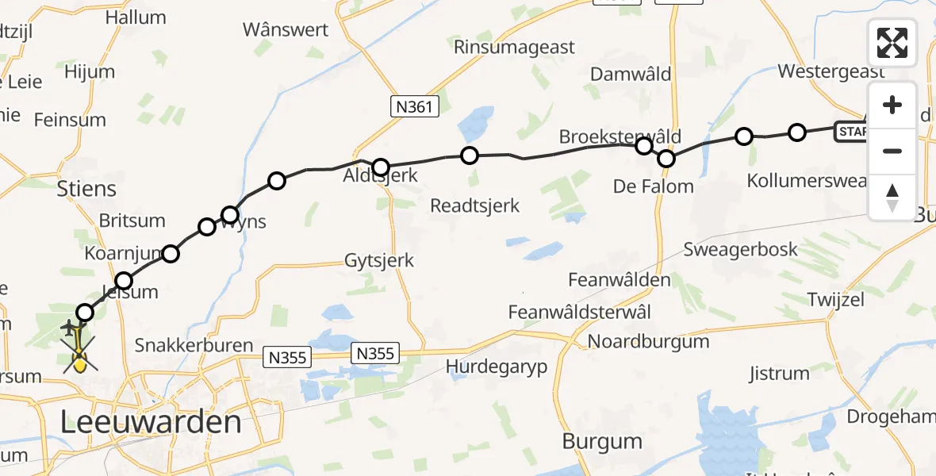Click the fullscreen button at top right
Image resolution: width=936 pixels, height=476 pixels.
pos(892,42)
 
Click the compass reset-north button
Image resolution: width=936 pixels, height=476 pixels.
pos(892,198)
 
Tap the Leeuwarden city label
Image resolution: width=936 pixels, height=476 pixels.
pos(152,421)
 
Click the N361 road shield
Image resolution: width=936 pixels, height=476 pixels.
pos(415,106)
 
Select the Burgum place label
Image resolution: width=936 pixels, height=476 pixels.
pos(602,441)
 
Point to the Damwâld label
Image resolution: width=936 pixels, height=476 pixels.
pos(631,75)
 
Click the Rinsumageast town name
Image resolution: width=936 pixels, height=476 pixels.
pos(514,47)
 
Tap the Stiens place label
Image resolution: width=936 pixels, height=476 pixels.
pos(86,189)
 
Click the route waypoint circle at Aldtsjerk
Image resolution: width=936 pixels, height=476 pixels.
pos(381,167)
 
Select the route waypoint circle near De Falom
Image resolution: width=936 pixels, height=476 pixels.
pos(666,159)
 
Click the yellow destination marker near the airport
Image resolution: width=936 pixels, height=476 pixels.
pos(79,363)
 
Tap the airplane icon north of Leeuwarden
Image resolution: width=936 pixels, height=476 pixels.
pos(70,328)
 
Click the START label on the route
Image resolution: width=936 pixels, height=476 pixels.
pos(851,132)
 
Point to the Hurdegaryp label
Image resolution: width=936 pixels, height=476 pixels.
pos(497,367)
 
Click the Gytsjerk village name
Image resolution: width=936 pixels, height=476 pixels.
pos(379,260)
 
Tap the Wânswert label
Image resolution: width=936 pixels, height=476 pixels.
pos(286,30)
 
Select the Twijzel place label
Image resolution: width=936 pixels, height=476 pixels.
pos(835,300)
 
